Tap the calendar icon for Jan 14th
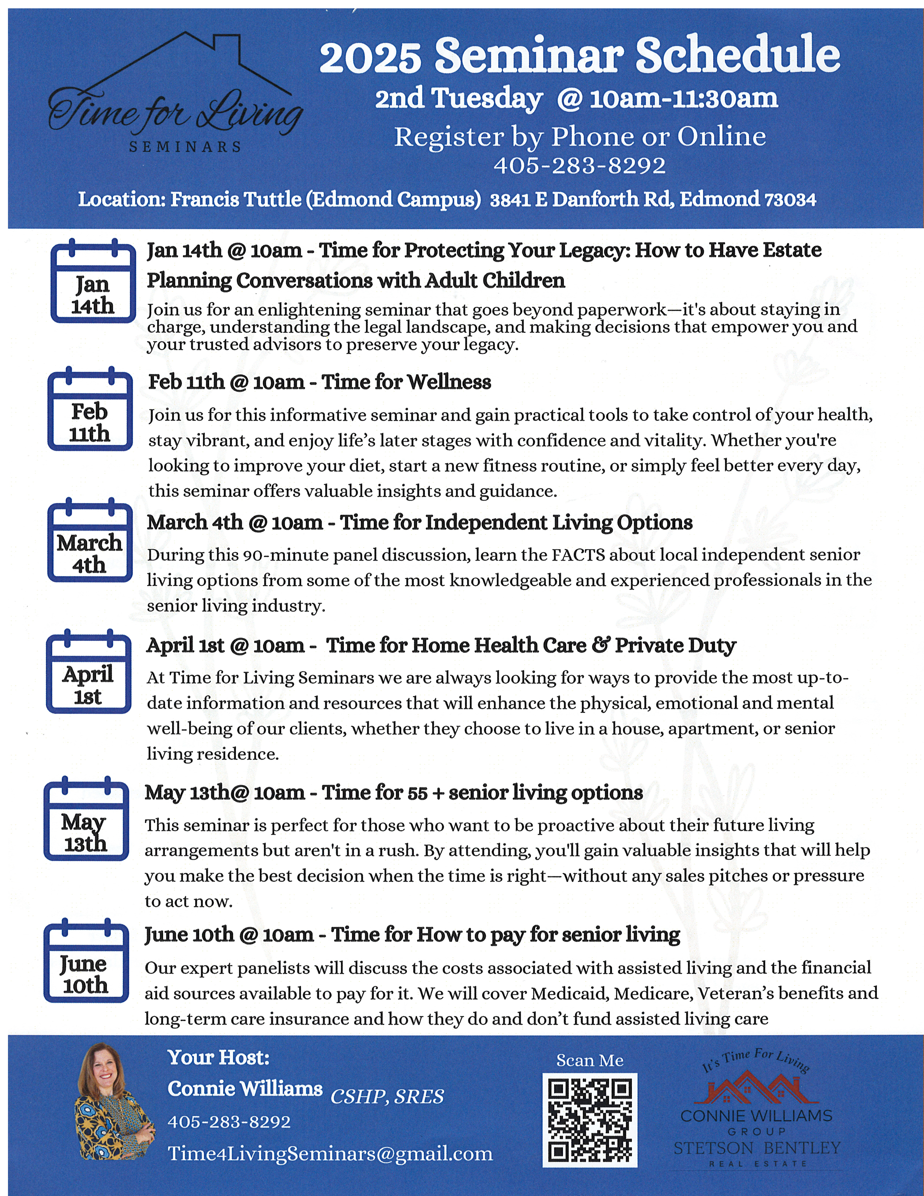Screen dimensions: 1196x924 tap(93, 281)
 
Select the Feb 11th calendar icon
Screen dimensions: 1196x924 tap(90, 409)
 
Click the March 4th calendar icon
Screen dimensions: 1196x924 tap(90, 540)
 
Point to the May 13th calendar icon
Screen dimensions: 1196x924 tap(86, 819)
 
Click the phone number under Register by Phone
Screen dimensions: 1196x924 tap(580, 165)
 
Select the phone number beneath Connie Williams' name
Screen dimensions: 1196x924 tap(229, 1122)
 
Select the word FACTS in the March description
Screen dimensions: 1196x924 tap(578, 555)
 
